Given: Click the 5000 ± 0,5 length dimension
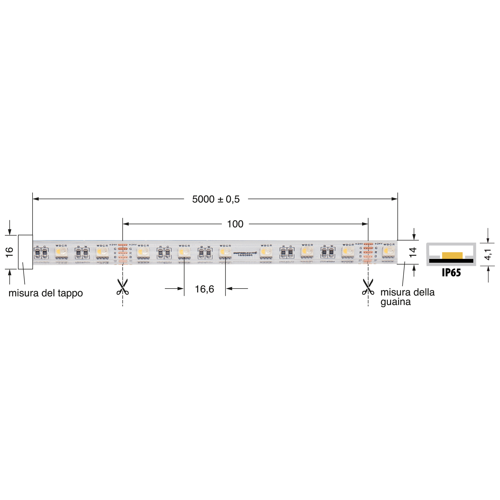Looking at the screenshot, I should [x=216, y=199].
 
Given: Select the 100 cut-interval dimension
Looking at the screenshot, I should [x=235, y=224].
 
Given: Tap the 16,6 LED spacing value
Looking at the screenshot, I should [x=205, y=289].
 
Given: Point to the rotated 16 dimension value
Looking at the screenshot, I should [x=10, y=252].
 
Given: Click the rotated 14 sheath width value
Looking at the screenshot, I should [x=413, y=252].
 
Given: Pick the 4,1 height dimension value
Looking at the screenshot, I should [x=488, y=255].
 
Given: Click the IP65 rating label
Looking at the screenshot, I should [x=451, y=273].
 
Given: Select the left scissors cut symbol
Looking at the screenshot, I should [x=122, y=287].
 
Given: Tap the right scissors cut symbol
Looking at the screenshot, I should [x=368, y=287].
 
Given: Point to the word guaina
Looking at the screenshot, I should [x=395, y=302].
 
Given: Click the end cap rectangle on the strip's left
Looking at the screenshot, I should [x=25, y=252].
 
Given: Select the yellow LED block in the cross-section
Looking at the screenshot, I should [x=452, y=256].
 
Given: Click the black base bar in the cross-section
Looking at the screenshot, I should [x=451, y=261].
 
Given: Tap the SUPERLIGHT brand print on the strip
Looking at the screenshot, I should [x=245, y=253].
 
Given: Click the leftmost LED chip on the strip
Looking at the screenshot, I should [x=61, y=252].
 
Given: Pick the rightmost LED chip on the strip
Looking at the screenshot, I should [x=389, y=251].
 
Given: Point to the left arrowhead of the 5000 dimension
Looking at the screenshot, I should [x=36, y=199].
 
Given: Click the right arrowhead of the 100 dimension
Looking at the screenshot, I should [x=365, y=224].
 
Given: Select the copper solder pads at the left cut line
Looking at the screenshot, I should [x=123, y=251].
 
